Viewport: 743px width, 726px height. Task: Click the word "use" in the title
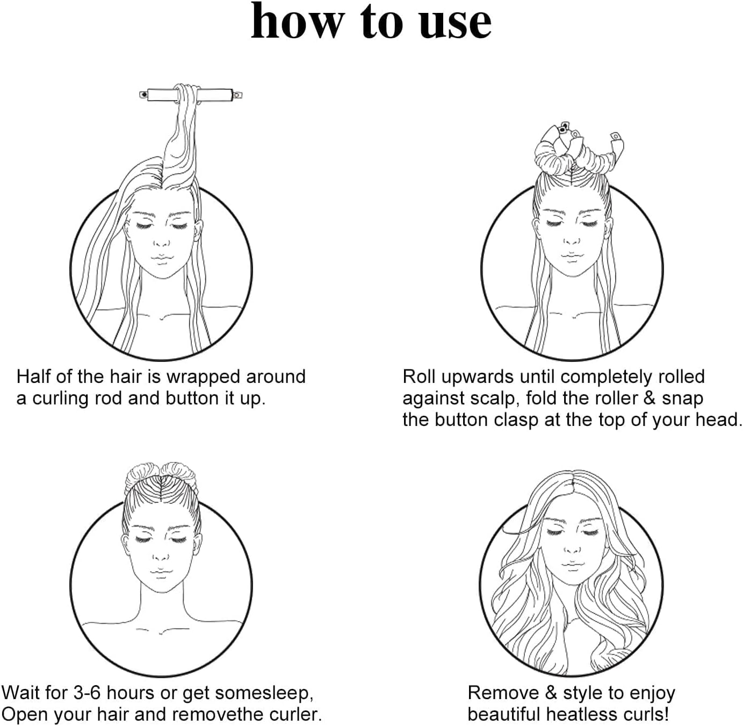click(455, 24)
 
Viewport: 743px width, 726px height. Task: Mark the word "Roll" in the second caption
click(419, 376)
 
